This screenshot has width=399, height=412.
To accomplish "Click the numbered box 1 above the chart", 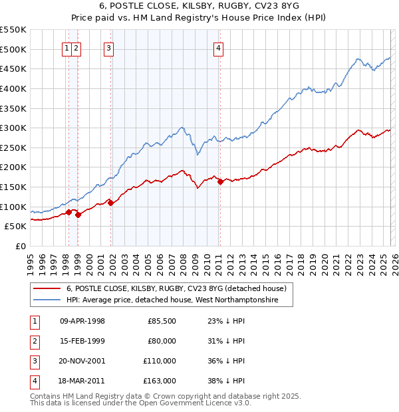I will pos(68,47).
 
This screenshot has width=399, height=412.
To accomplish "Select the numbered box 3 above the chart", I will pos(108,47).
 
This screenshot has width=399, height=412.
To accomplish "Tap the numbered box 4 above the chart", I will pos(218,47).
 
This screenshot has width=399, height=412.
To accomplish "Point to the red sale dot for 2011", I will pos(220,181).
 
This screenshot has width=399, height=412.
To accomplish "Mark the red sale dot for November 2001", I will pos(110,203).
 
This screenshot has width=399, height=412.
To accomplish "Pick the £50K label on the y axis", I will pos(16,226).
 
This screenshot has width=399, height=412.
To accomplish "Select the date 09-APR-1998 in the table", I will pos(82,321).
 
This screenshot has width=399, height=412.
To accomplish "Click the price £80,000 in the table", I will pos(162,341).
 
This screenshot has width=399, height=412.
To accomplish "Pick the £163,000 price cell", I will pos(160,381).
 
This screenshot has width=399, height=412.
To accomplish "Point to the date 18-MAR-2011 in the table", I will pos(82,381).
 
